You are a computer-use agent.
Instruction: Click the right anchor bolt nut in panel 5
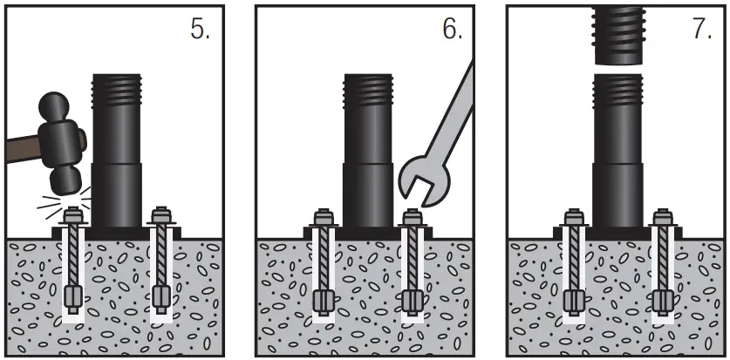pos(159,214)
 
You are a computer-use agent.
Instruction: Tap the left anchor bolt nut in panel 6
pos(324,216)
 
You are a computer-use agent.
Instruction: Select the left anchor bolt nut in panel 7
pos(574,216)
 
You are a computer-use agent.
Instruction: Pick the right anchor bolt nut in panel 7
pos(662,216)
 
